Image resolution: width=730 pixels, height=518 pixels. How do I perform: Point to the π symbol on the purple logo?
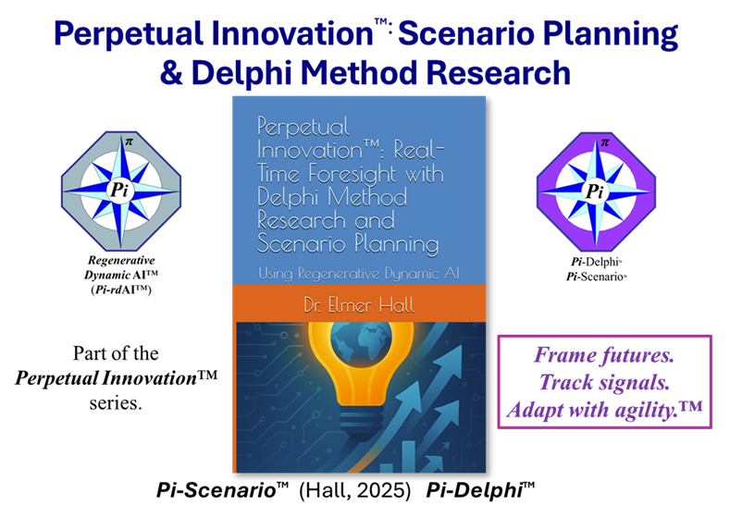click(x=605, y=142)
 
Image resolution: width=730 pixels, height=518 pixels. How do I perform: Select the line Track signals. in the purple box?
click(x=605, y=381)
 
